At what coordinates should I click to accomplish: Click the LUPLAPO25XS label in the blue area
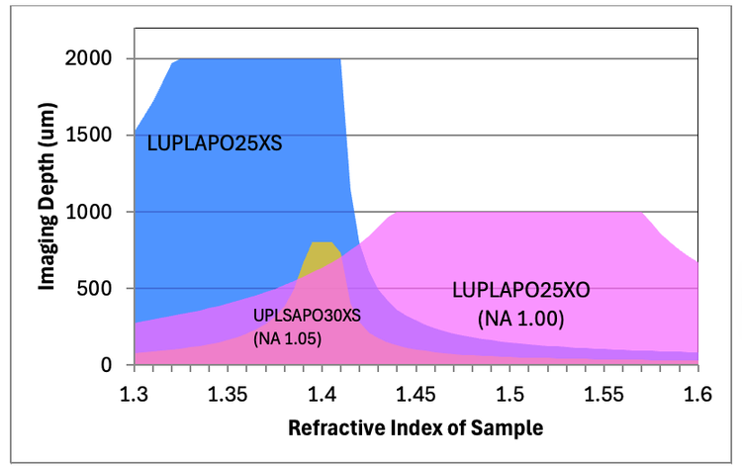[x=215, y=143]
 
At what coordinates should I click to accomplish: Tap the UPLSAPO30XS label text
[x=307, y=316]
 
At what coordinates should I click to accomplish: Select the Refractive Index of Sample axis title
[x=416, y=430]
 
